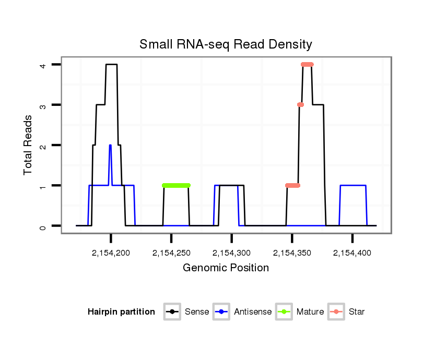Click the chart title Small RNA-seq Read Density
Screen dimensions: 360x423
click(226, 44)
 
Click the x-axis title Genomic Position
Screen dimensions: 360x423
click(226, 268)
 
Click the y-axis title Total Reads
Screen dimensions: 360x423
click(29, 145)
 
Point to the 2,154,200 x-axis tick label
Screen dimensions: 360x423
click(111, 253)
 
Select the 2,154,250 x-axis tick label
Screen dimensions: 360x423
click(171, 253)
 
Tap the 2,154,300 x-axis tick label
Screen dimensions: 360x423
click(231, 253)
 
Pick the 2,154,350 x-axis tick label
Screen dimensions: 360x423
click(292, 253)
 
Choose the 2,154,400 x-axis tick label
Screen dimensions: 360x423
click(352, 253)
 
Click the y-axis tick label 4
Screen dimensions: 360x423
click(43, 65)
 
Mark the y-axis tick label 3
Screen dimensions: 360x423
click(43, 105)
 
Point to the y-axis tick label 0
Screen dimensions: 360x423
click(43, 226)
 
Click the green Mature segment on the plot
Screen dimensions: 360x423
click(177, 185)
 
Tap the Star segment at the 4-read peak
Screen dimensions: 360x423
click(307, 65)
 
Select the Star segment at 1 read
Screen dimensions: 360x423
click(293, 185)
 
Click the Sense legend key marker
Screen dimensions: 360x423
click(172, 312)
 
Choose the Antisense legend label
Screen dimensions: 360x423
click(253, 312)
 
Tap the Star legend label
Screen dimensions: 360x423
click(357, 312)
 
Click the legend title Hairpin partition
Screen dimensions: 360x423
click(121, 312)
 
